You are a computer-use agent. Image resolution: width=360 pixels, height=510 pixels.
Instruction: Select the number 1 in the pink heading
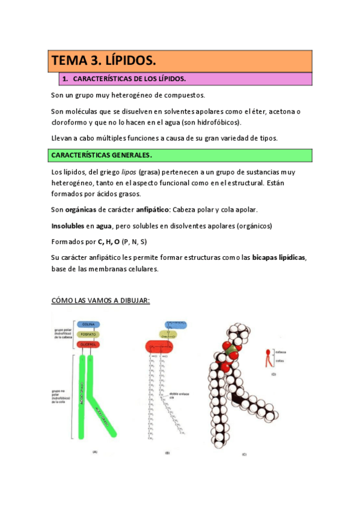point(65,79)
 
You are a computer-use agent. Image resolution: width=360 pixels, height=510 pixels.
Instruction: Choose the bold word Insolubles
point(67,226)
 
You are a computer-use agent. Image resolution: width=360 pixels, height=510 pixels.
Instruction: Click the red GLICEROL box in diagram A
point(87,344)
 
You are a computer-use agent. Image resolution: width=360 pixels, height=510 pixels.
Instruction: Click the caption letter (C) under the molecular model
point(244,454)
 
